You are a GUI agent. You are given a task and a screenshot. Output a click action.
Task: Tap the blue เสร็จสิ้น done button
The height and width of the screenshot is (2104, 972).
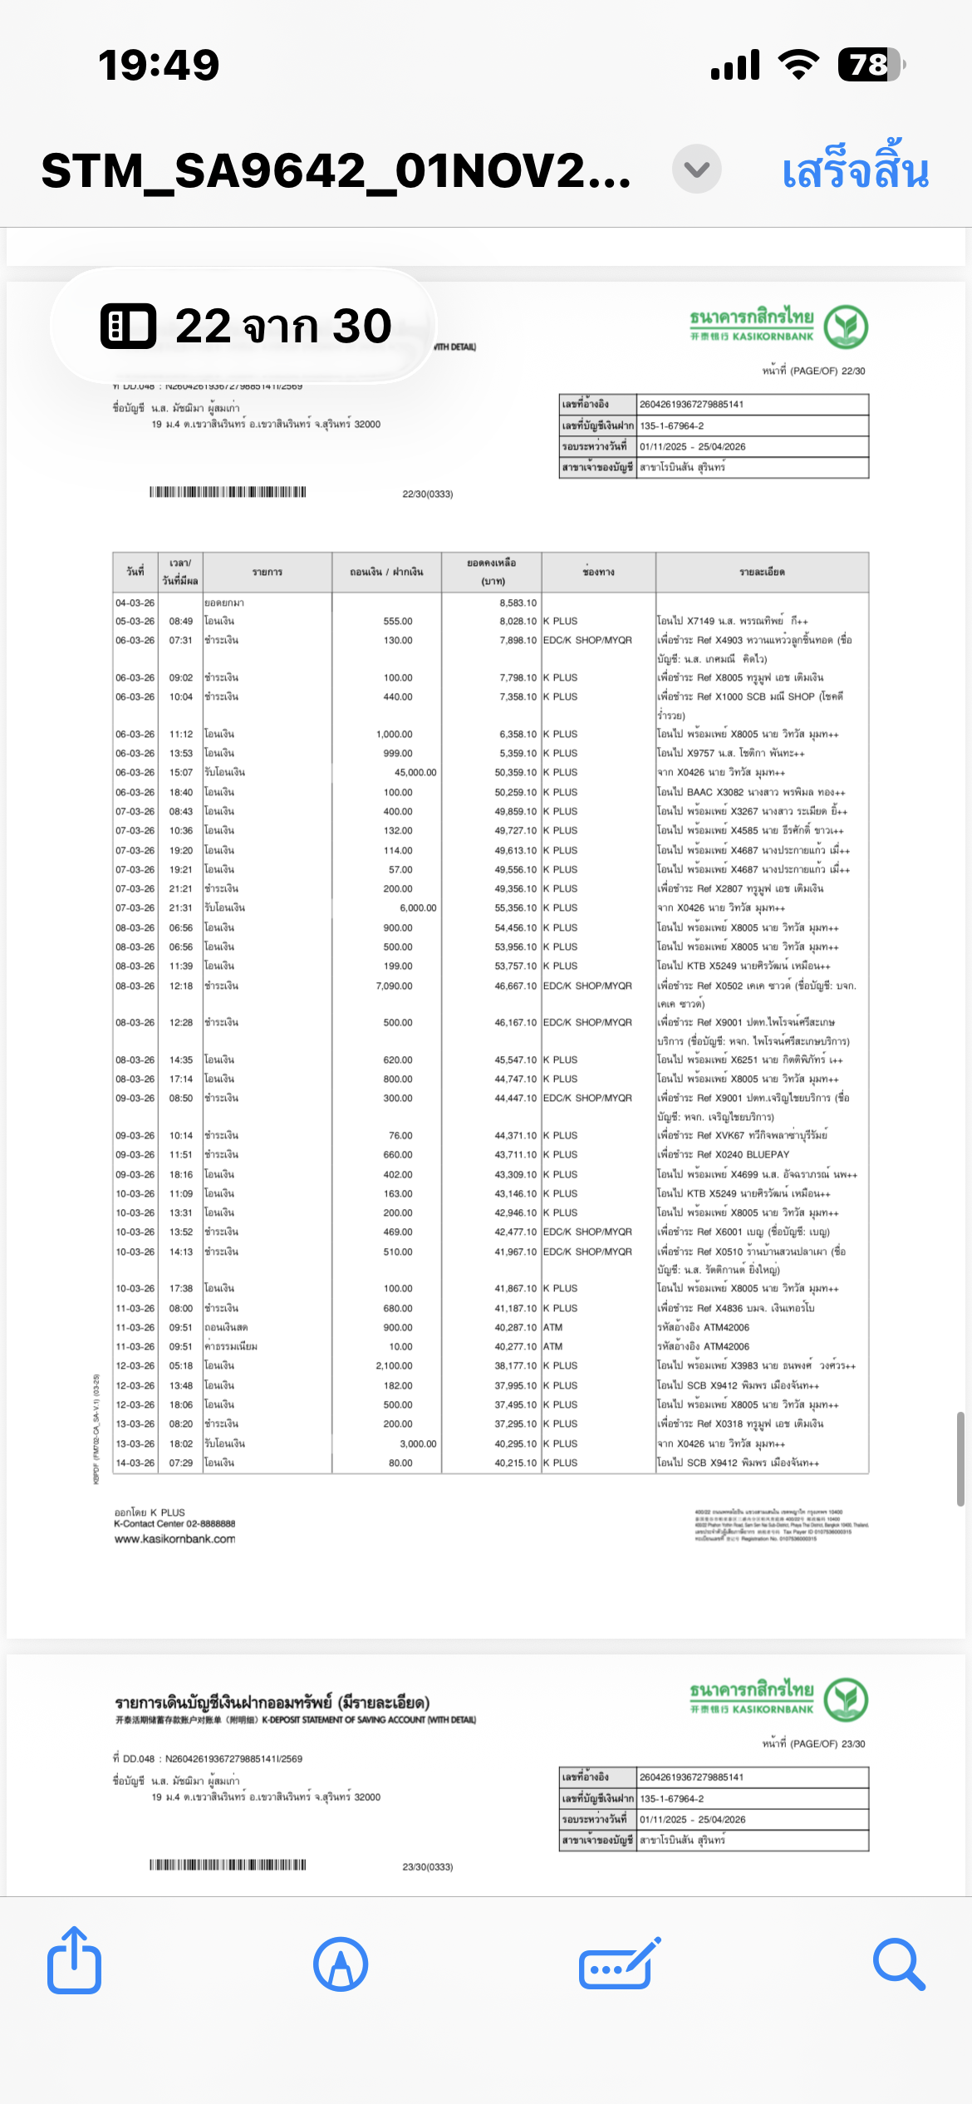[855, 170]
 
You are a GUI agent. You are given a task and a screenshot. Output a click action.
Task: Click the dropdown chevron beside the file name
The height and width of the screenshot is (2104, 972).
[696, 170]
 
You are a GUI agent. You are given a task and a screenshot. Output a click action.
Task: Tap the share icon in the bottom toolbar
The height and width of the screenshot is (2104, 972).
[75, 1962]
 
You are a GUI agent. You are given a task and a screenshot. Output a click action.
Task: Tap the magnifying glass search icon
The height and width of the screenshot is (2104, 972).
[898, 1964]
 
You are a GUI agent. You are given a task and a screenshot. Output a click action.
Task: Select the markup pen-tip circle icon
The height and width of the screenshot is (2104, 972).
[341, 1964]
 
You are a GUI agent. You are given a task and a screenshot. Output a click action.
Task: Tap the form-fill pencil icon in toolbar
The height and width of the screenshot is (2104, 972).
[620, 1964]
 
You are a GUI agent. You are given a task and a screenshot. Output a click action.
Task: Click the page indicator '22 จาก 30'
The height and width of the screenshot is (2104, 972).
[246, 326]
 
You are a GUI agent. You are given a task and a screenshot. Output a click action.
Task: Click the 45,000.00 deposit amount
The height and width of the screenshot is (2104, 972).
[415, 773]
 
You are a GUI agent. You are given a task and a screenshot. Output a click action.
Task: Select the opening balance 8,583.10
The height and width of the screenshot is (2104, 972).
[518, 603]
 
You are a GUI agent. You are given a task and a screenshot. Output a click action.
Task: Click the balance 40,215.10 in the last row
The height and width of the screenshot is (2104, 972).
[516, 1462]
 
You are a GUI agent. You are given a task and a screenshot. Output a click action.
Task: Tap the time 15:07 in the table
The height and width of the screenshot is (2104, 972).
[181, 773]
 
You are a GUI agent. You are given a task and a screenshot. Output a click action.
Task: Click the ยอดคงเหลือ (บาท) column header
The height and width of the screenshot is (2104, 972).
[492, 572]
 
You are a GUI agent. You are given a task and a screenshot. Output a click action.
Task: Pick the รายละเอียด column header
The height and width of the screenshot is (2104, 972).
[762, 572]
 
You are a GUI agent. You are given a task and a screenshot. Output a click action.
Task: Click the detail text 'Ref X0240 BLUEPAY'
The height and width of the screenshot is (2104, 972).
[744, 1155]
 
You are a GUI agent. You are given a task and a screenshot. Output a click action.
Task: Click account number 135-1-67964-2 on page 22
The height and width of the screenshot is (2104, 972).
[672, 426]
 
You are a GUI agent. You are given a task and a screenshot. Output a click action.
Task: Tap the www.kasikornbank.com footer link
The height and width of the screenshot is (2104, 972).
[175, 1539]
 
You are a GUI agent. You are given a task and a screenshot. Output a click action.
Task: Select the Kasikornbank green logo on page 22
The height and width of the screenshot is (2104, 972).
[846, 327]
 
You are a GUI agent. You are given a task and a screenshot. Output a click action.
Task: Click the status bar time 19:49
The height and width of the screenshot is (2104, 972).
[159, 65]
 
